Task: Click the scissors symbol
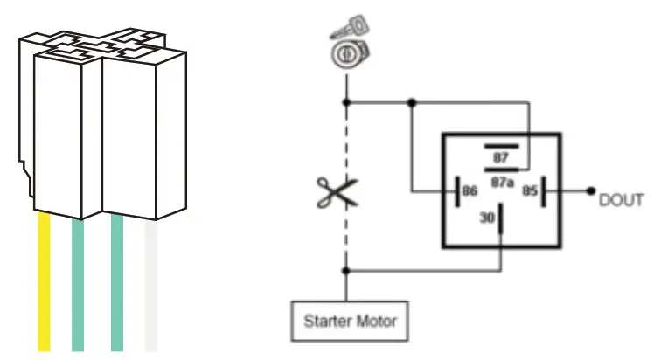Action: pos(337,192)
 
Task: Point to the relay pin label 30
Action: pos(486,220)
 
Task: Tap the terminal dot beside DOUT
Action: pos(592,190)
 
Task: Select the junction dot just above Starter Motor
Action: pos(347,270)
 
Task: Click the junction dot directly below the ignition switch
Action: pos(347,101)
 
